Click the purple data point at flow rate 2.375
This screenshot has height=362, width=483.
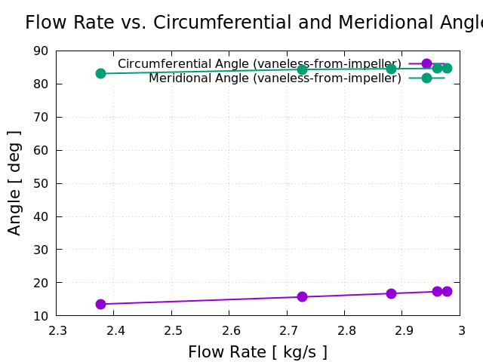(x=100, y=304)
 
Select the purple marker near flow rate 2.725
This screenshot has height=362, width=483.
(x=302, y=296)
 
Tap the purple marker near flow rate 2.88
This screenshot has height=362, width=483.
(x=391, y=293)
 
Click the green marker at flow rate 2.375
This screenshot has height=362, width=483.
(x=100, y=73)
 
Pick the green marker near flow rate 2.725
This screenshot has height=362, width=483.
(x=302, y=69)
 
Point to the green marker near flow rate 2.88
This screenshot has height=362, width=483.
(x=391, y=69)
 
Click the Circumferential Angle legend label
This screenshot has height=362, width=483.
(x=259, y=64)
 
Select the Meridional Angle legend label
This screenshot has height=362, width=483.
(x=275, y=78)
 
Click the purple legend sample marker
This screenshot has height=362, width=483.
(x=426, y=64)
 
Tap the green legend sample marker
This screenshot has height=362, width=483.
(x=426, y=78)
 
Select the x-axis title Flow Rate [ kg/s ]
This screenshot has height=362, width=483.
(x=257, y=352)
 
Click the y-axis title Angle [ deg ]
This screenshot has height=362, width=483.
(x=14, y=183)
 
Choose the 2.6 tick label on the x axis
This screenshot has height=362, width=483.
(x=230, y=331)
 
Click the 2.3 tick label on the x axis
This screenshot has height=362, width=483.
(x=57, y=331)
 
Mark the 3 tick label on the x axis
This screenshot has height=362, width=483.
(x=461, y=331)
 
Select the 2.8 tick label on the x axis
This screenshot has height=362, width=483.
(x=346, y=331)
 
